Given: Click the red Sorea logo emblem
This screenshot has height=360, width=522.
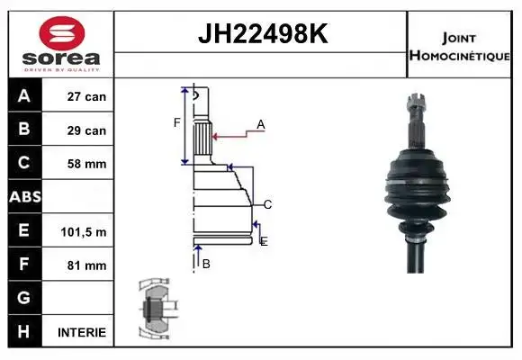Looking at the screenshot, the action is click(x=62, y=33).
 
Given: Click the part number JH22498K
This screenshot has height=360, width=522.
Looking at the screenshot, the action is click(x=263, y=33).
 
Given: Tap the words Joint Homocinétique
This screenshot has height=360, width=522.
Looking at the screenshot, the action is click(x=459, y=47).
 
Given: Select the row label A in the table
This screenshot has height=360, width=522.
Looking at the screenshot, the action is click(x=24, y=96).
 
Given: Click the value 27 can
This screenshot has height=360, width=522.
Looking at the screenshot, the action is click(x=86, y=96).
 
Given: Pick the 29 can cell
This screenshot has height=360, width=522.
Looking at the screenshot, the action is click(x=86, y=130).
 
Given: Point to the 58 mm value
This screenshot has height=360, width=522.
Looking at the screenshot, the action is click(x=86, y=164).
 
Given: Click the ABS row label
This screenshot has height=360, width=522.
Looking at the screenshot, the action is click(x=25, y=197).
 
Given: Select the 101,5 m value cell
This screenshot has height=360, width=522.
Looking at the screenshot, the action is click(x=84, y=232).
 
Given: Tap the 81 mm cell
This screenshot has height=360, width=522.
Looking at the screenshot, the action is click(x=86, y=265).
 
